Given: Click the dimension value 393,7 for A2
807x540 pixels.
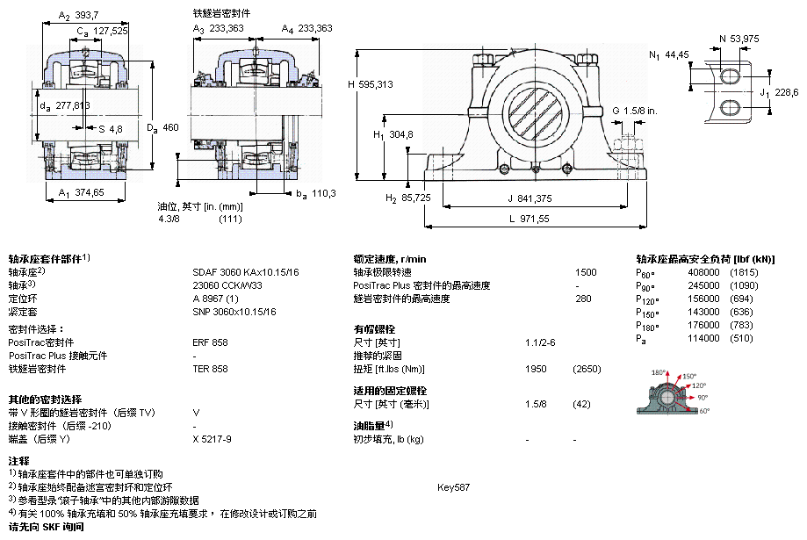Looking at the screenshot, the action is pyautogui.click(x=86, y=16).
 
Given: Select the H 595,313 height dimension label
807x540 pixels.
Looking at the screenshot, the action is pyautogui.click(x=370, y=84).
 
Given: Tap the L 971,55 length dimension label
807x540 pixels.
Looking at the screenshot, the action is pyautogui.click(x=530, y=219).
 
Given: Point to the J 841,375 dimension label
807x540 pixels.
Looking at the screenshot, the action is pyautogui.click(x=530, y=198).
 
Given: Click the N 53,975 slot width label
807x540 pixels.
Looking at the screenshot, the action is pyautogui.click(x=739, y=39).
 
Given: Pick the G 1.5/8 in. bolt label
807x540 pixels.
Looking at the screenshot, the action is pyautogui.click(x=635, y=111).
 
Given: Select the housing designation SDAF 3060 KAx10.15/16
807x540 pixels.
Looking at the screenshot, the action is pyautogui.click(x=246, y=272).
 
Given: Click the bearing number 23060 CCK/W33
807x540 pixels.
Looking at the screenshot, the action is pyautogui.click(x=227, y=285).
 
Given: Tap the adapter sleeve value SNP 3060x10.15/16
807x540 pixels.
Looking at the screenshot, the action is pyautogui.click(x=234, y=312).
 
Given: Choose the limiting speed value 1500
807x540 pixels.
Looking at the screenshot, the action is pyautogui.click(x=586, y=272).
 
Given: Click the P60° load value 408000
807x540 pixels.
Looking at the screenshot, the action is pyautogui.click(x=703, y=272).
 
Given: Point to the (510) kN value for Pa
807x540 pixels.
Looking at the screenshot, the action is pyautogui.click(x=741, y=338).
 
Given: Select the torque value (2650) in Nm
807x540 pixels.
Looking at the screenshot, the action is pyautogui.click(x=587, y=369).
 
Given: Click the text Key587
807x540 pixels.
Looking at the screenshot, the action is pyautogui.click(x=453, y=487).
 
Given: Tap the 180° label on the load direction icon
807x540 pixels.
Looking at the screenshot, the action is pyautogui.click(x=659, y=372).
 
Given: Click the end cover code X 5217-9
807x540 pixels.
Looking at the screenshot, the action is pyautogui.click(x=212, y=439).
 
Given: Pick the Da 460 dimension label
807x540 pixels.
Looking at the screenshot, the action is pyautogui.click(x=162, y=127).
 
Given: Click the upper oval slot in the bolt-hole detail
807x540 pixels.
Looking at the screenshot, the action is pyautogui.click(x=729, y=76).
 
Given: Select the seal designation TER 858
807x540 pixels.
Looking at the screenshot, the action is pyautogui.click(x=210, y=369).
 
